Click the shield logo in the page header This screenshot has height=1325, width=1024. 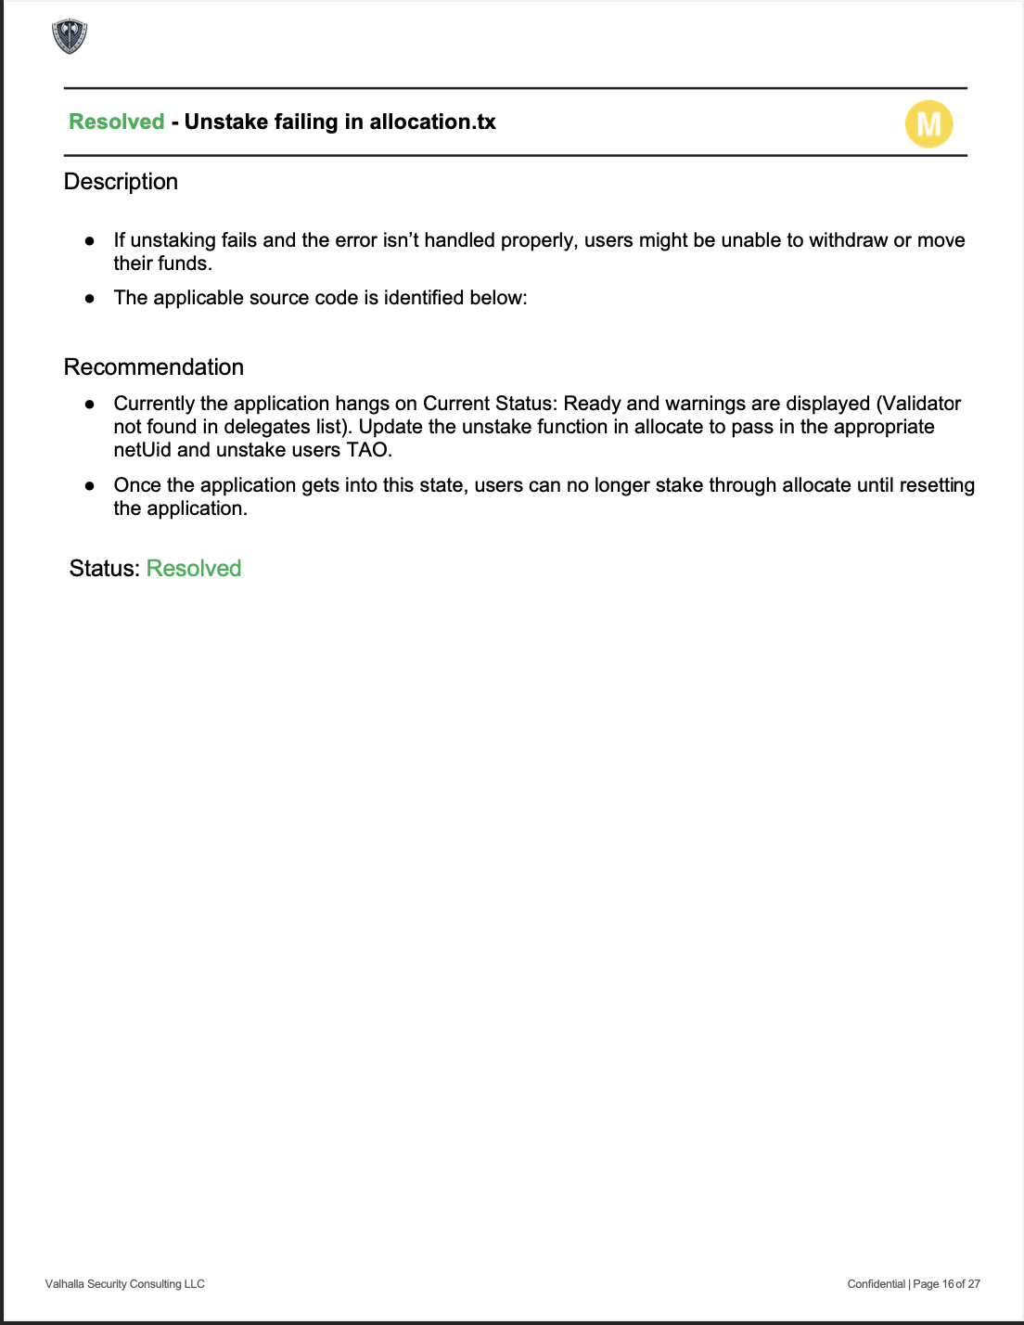(x=70, y=37)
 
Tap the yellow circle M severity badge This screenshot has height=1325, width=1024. (x=928, y=123)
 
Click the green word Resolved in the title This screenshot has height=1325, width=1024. (x=117, y=122)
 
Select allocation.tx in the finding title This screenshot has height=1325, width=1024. (x=432, y=122)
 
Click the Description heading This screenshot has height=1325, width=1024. (x=121, y=182)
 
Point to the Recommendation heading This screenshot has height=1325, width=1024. (x=154, y=367)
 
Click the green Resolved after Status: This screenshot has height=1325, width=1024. (x=194, y=569)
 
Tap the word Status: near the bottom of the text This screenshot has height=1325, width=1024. (x=104, y=569)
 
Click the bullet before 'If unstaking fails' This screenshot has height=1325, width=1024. (x=90, y=240)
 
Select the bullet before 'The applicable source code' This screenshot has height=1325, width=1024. (x=90, y=299)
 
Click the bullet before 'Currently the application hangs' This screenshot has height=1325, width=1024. (x=90, y=405)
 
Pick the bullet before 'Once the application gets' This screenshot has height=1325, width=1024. (x=90, y=485)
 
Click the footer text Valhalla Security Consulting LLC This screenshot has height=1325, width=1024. (x=125, y=1284)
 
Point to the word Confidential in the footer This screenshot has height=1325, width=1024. (x=876, y=1284)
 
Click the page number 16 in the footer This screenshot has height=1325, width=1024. (x=948, y=1284)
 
